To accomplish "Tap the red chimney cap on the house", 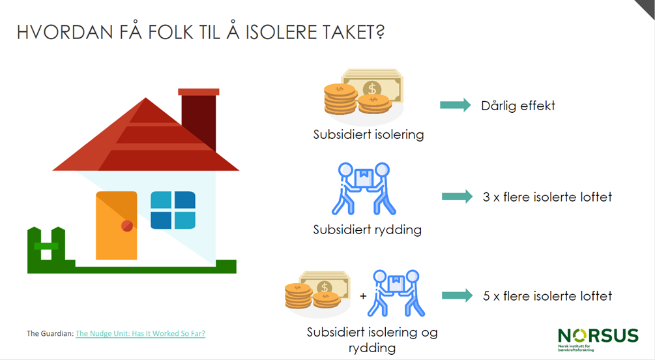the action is [198, 92].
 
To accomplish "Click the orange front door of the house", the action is [117, 226].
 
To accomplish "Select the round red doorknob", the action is [127, 226].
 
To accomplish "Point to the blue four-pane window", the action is [173, 210].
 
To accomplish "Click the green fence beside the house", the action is [47, 250].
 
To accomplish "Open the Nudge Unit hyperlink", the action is [140, 333].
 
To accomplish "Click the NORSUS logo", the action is [598, 339].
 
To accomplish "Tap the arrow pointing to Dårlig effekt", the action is [456, 105].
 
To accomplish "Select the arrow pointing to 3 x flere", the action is [458, 196].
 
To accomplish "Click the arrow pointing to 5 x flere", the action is [458, 295].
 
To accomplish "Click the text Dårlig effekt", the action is [518, 106].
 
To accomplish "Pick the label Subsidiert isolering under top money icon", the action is [368, 134].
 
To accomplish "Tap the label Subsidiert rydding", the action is [367, 230].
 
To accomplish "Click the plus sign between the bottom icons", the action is [363, 296].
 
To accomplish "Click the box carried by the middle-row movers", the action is [364, 178].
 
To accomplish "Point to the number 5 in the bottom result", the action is [486, 296].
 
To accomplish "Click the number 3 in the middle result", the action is [486, 197].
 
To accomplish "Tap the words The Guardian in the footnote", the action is [50, 333].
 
